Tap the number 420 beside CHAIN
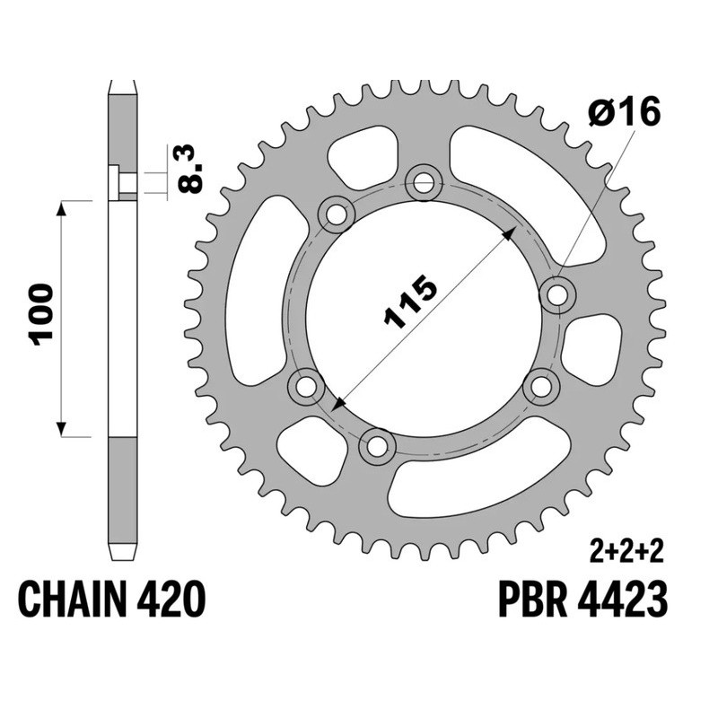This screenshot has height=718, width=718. [170, 599]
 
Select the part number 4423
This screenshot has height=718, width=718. [621, 599]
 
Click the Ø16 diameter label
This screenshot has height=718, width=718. [624, 111]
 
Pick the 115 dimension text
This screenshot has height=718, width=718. [410, 302]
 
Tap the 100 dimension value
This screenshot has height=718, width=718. [41, 313]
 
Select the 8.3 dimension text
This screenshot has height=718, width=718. [191, 169]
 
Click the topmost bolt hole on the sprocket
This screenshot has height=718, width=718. [424, 184]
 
